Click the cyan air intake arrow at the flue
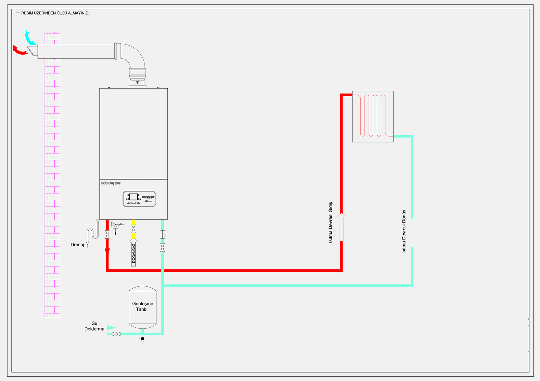point(30,38)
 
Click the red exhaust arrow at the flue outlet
point(20,51)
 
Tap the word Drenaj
point(77,245)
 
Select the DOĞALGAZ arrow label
point(134,253)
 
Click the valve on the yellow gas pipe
point(133,229)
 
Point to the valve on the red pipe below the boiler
point(107,235)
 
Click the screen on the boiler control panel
point(134,197)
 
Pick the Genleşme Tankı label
point(142,306)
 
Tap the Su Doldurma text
point(94,326)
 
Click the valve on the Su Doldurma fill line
point(116,334)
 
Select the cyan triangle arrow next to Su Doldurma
point(111,328)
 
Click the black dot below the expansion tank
point(142,339)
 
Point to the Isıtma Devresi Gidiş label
point(331,222)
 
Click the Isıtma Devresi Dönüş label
point(404,232)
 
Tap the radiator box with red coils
point(373,116)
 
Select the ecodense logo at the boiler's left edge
point(111,183)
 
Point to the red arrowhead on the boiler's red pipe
point(107,252)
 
